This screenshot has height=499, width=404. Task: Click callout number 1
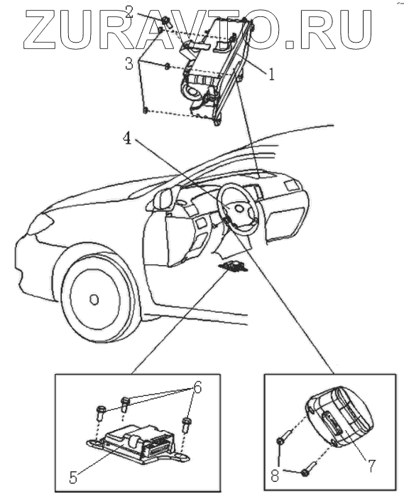271,74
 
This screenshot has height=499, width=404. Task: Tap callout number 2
129,12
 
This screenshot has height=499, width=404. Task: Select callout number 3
129,64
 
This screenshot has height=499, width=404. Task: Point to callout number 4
127,139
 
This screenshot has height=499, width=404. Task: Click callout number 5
73,478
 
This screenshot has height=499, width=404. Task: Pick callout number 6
197,387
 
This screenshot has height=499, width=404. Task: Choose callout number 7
371,466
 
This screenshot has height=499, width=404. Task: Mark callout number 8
275,476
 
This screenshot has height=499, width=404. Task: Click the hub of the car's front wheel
94,299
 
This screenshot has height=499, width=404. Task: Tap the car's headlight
40,224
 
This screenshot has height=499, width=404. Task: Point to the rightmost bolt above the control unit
185,426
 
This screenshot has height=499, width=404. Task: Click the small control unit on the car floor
233,267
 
